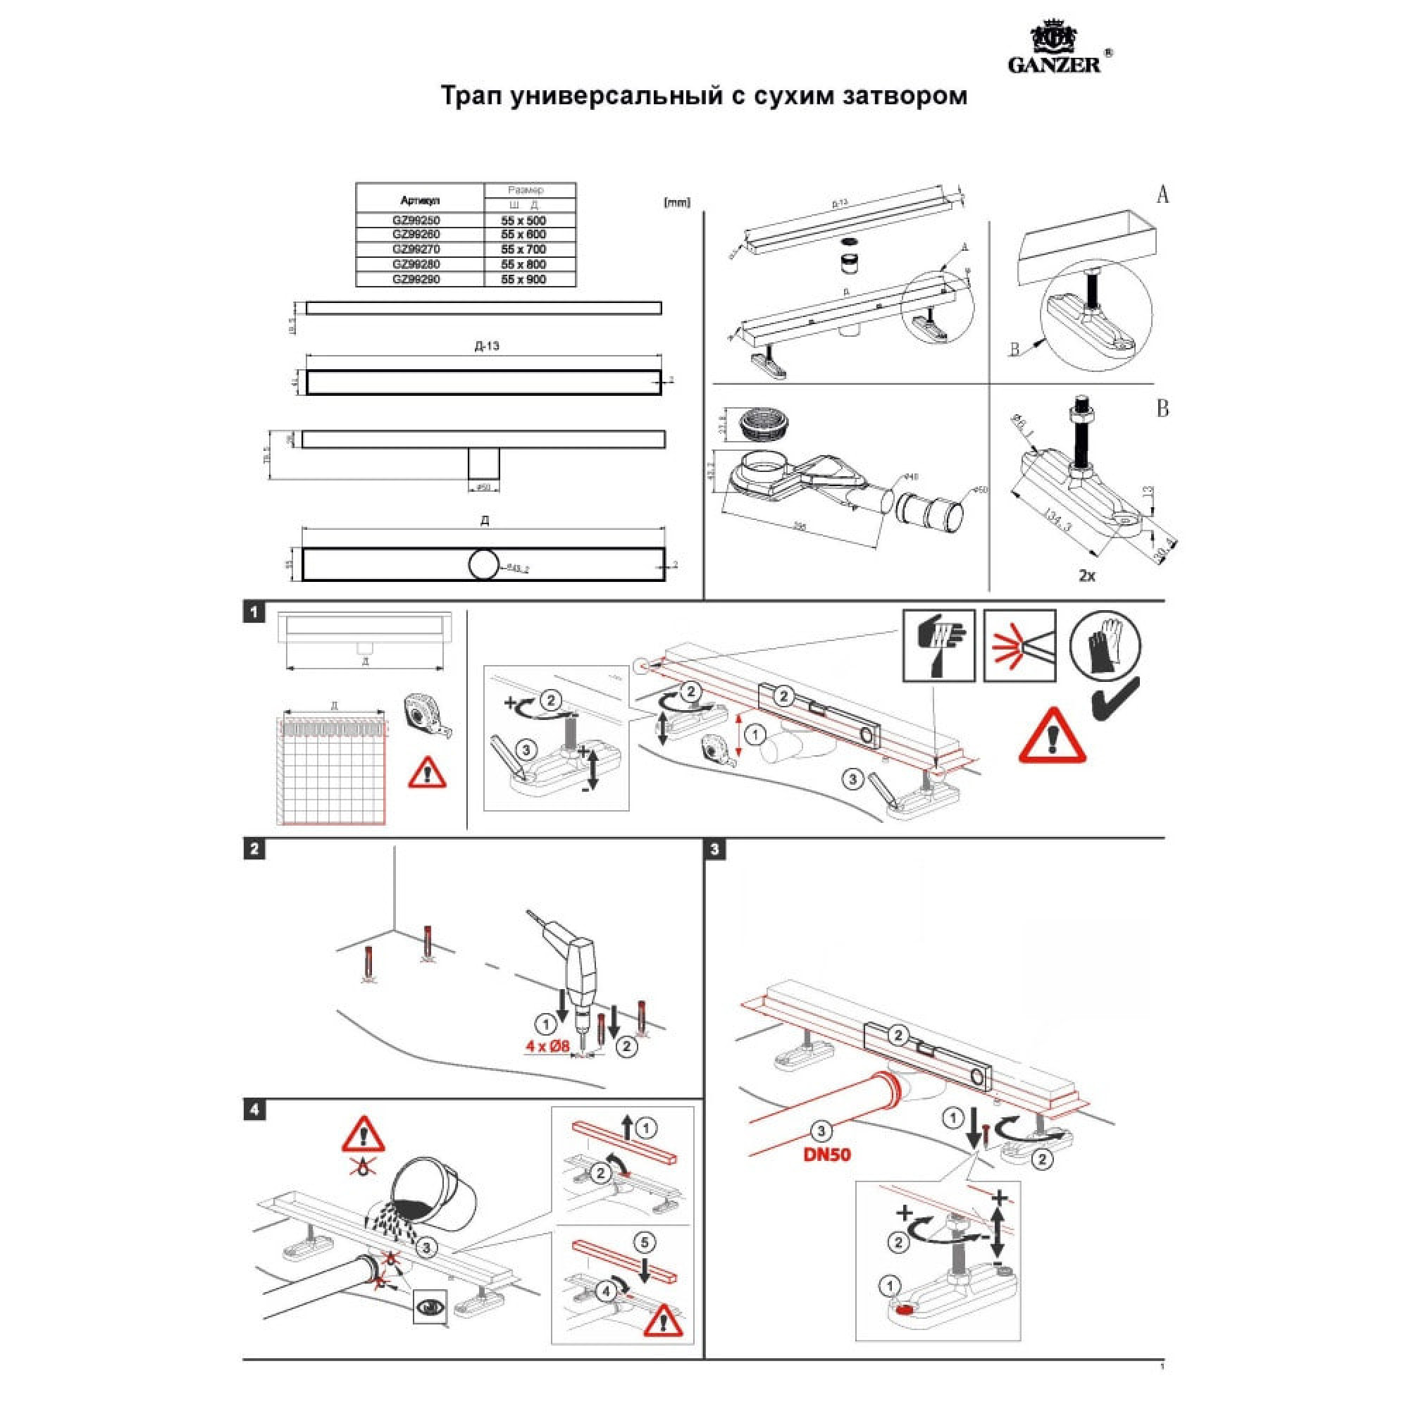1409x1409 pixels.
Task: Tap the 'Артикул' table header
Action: point(419,199)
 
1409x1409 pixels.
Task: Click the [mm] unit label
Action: point(677,203)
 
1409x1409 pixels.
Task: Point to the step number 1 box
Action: point(254,612)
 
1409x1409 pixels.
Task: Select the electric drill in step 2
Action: point(573,964)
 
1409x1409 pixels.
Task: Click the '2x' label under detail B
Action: point(1086,576)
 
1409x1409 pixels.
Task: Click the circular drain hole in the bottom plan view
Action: point(484,564)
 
